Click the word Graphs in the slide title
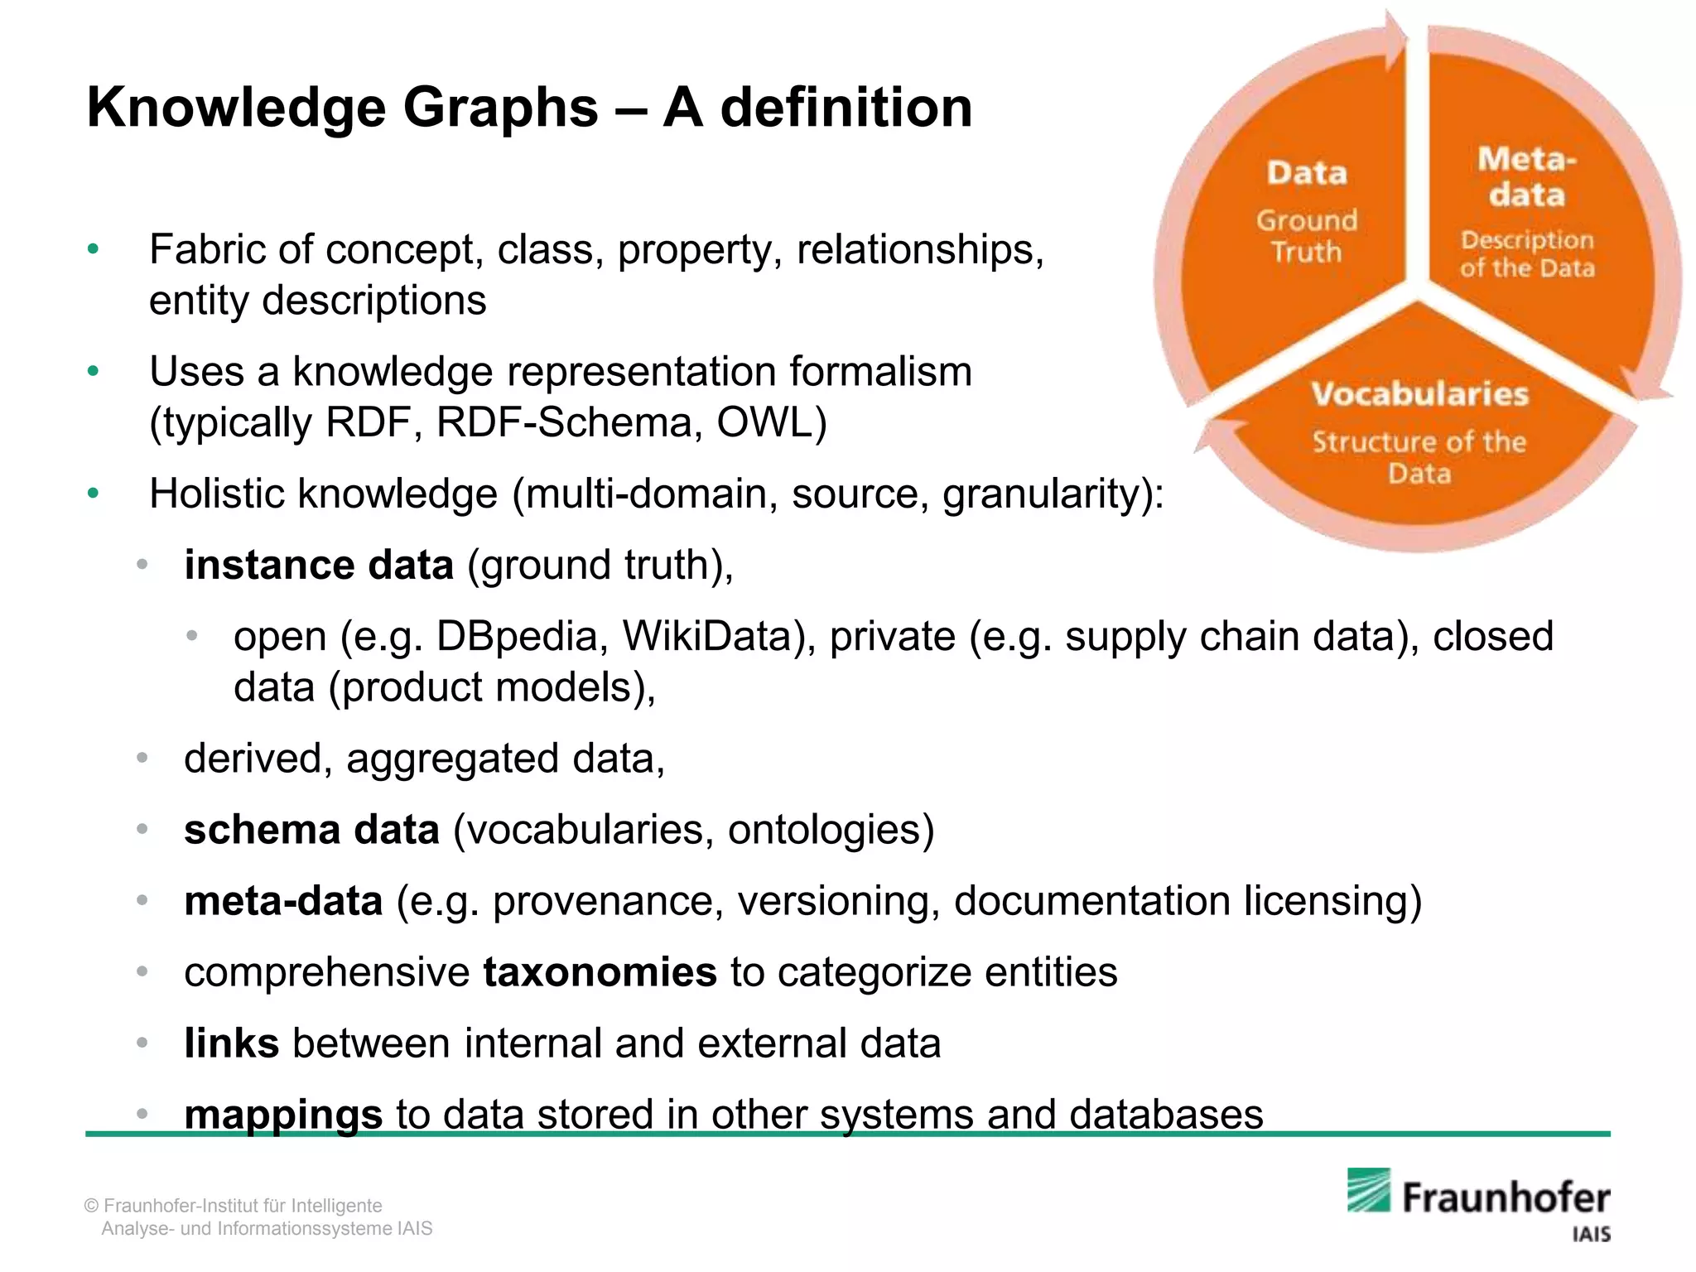click(x=500, y=108)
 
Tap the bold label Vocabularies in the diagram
click(x=1419, y=394)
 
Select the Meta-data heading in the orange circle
click(x=1527, y=176)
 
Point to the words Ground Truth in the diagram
click(x=1307, y=236)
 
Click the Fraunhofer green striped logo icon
click(x=1368, y=1190)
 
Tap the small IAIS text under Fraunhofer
click(x=1591, y=1235)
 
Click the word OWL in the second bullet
click(x=771, y=422)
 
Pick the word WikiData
click(x=720, y=637)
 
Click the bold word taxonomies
click(x=600, y=972)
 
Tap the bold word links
click(x=232, y=1043)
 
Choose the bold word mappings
click(x=283, y=1115)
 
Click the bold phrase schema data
click(x=311, y=830)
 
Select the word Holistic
click(x=217, y=494)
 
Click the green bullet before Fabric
click(x=93, y=249)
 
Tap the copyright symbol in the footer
click(x=92, y=1206)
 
